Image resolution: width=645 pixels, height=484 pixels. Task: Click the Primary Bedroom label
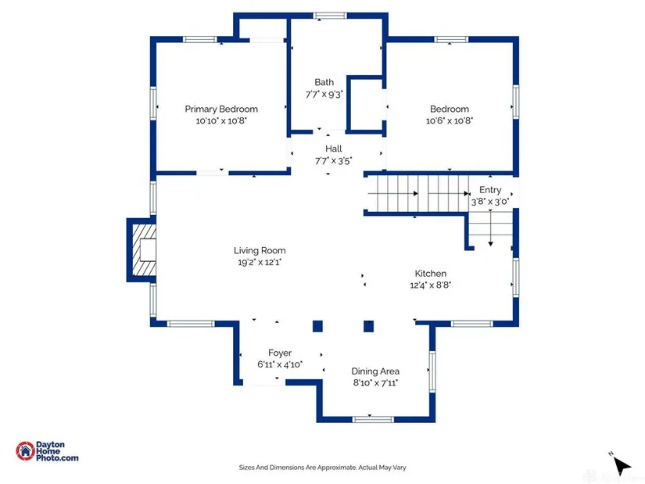click(x=221, y=109)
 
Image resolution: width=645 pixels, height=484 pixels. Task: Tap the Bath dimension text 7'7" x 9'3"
click(x=324, y=95)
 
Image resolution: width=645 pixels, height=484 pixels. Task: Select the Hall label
click(x=334, y=149)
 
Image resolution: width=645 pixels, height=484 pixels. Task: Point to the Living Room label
click(x=260, y=250)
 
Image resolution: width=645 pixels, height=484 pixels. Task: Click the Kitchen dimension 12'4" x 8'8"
click(x=431, y=285)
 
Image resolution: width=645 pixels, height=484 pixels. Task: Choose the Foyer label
click(x=280, y=353)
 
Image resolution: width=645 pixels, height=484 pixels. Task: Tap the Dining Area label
click(x=375, y=371)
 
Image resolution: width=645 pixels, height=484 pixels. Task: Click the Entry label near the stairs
click(x=490, y=190)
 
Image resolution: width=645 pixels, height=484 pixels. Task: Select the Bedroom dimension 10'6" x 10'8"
click(x=450, y=120)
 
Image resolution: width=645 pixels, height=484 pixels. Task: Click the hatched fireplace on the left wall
click(x=142, y=250)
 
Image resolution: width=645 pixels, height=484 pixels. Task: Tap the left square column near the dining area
click(x=317, y=326)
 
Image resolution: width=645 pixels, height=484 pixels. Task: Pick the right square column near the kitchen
click(x=368, y=326)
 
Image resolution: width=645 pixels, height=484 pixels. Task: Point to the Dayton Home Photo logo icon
click(x=26, y=451)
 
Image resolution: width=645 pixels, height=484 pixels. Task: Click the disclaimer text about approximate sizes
click(x=322, y=468)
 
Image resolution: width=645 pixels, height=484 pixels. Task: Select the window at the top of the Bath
click(x=330, y=16)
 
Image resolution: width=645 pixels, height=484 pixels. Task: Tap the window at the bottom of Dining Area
click(x=373, y=419)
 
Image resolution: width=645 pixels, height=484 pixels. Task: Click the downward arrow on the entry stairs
click(x=490, y=228)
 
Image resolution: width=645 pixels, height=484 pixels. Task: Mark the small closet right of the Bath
click(x=366, y=104)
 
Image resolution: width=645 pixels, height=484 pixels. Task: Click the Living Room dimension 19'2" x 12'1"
click(x=260, y=262)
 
